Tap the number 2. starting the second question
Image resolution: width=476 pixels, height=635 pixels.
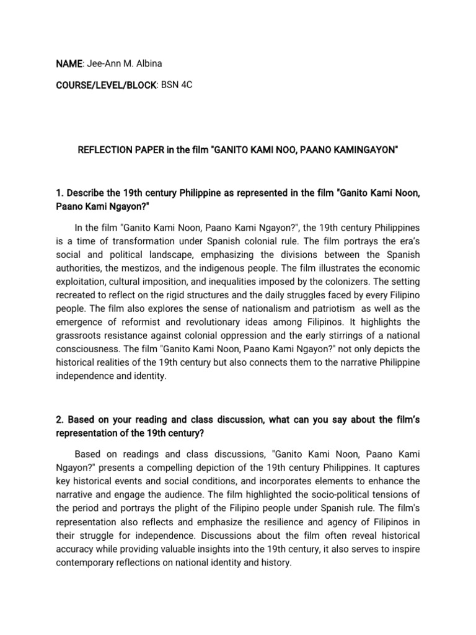coord(59,420)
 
